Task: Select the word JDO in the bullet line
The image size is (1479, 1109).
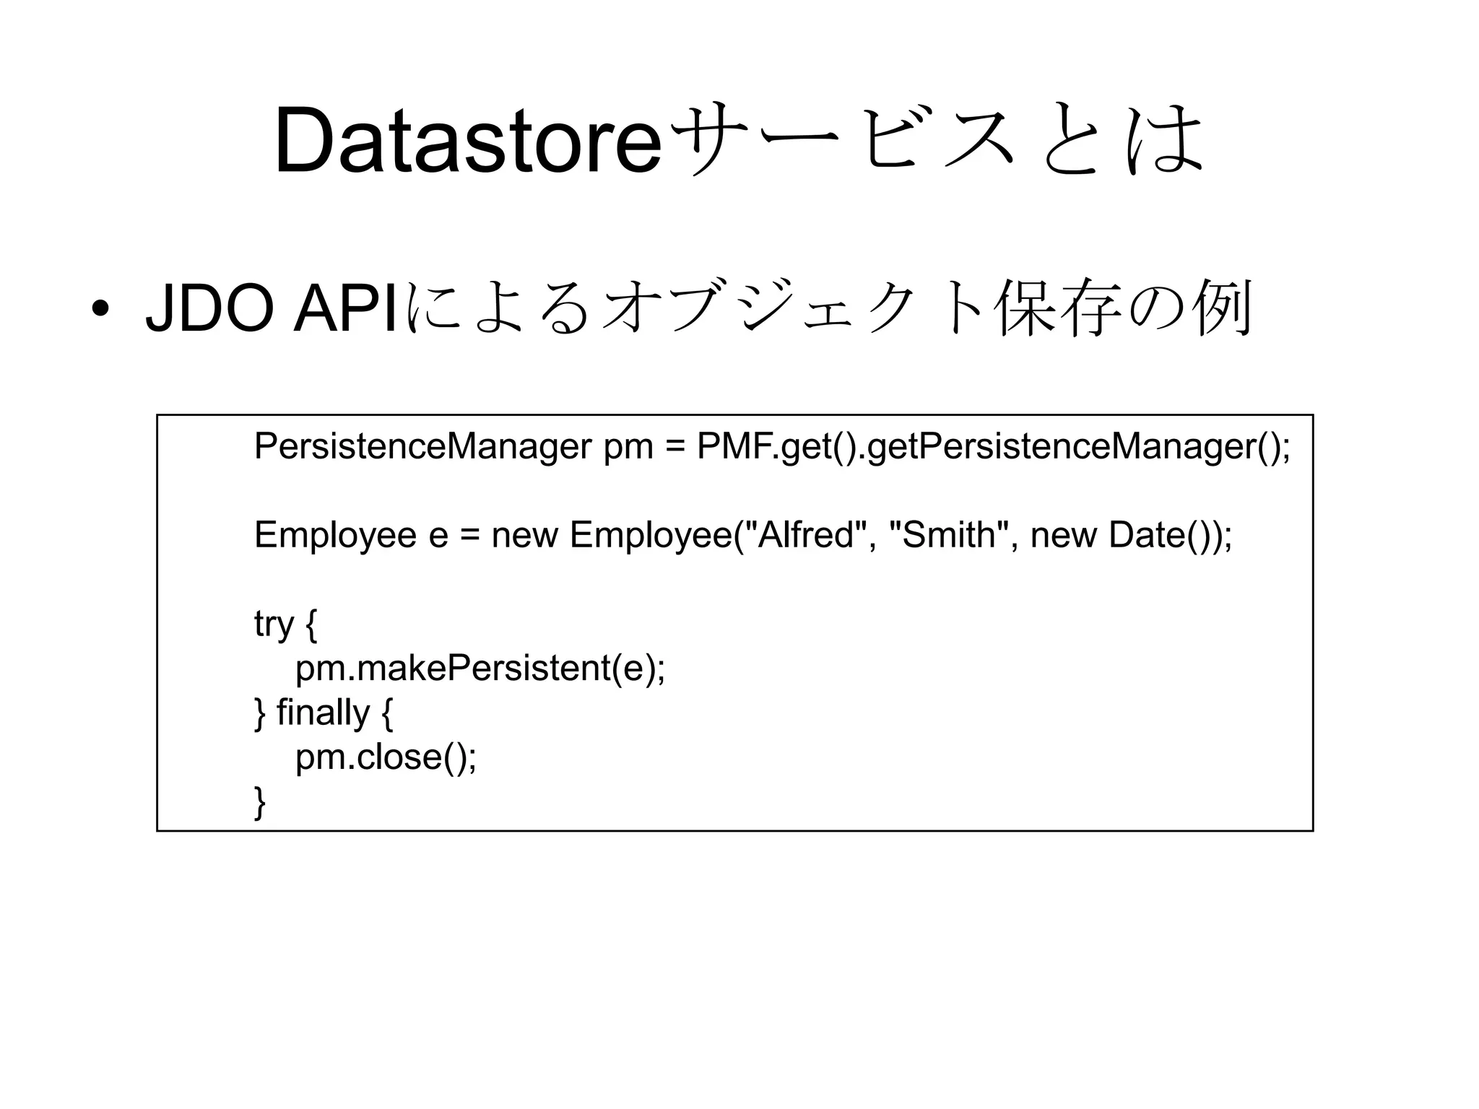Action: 210,310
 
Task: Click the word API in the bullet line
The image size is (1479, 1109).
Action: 345,310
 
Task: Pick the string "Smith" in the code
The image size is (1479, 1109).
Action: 948,536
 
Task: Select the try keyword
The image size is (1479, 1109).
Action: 274,625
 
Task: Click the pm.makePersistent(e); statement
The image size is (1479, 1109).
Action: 480,669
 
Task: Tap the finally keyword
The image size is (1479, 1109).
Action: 323,713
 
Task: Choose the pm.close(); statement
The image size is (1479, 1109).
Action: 386,757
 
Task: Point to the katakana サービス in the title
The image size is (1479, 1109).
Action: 838,142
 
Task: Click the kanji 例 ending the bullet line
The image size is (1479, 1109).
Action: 1224,310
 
